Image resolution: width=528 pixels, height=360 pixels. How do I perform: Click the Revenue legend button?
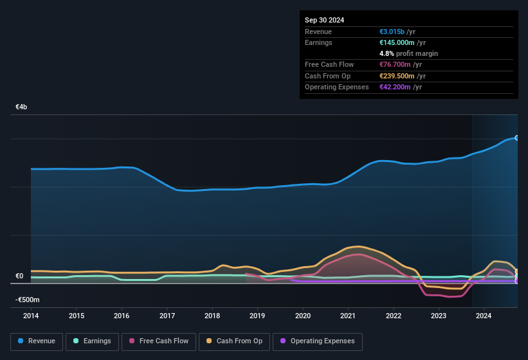click(37, 341)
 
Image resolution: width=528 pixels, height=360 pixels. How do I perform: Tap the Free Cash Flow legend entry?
click(157, 341)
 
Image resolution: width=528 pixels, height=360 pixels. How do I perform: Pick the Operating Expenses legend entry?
click(318, 341)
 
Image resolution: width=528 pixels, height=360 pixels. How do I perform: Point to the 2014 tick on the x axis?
click(31, 316)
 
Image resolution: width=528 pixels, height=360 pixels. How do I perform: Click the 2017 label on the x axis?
click(167, 316)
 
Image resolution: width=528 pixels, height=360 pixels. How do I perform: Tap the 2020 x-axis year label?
click(303, 316)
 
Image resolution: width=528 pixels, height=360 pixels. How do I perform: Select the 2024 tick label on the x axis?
click(484, 316)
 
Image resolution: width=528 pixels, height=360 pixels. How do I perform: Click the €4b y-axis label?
click(21, 107)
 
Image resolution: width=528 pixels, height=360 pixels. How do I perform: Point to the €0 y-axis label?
click(19, 276)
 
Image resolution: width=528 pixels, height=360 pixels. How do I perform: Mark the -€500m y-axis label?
click(28, 300)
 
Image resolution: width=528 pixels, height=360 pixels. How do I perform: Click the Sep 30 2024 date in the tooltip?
click(324, 20)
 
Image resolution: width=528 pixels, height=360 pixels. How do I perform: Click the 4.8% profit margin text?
click(408, 53)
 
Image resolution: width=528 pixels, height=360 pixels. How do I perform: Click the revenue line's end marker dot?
click(516, 138)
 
